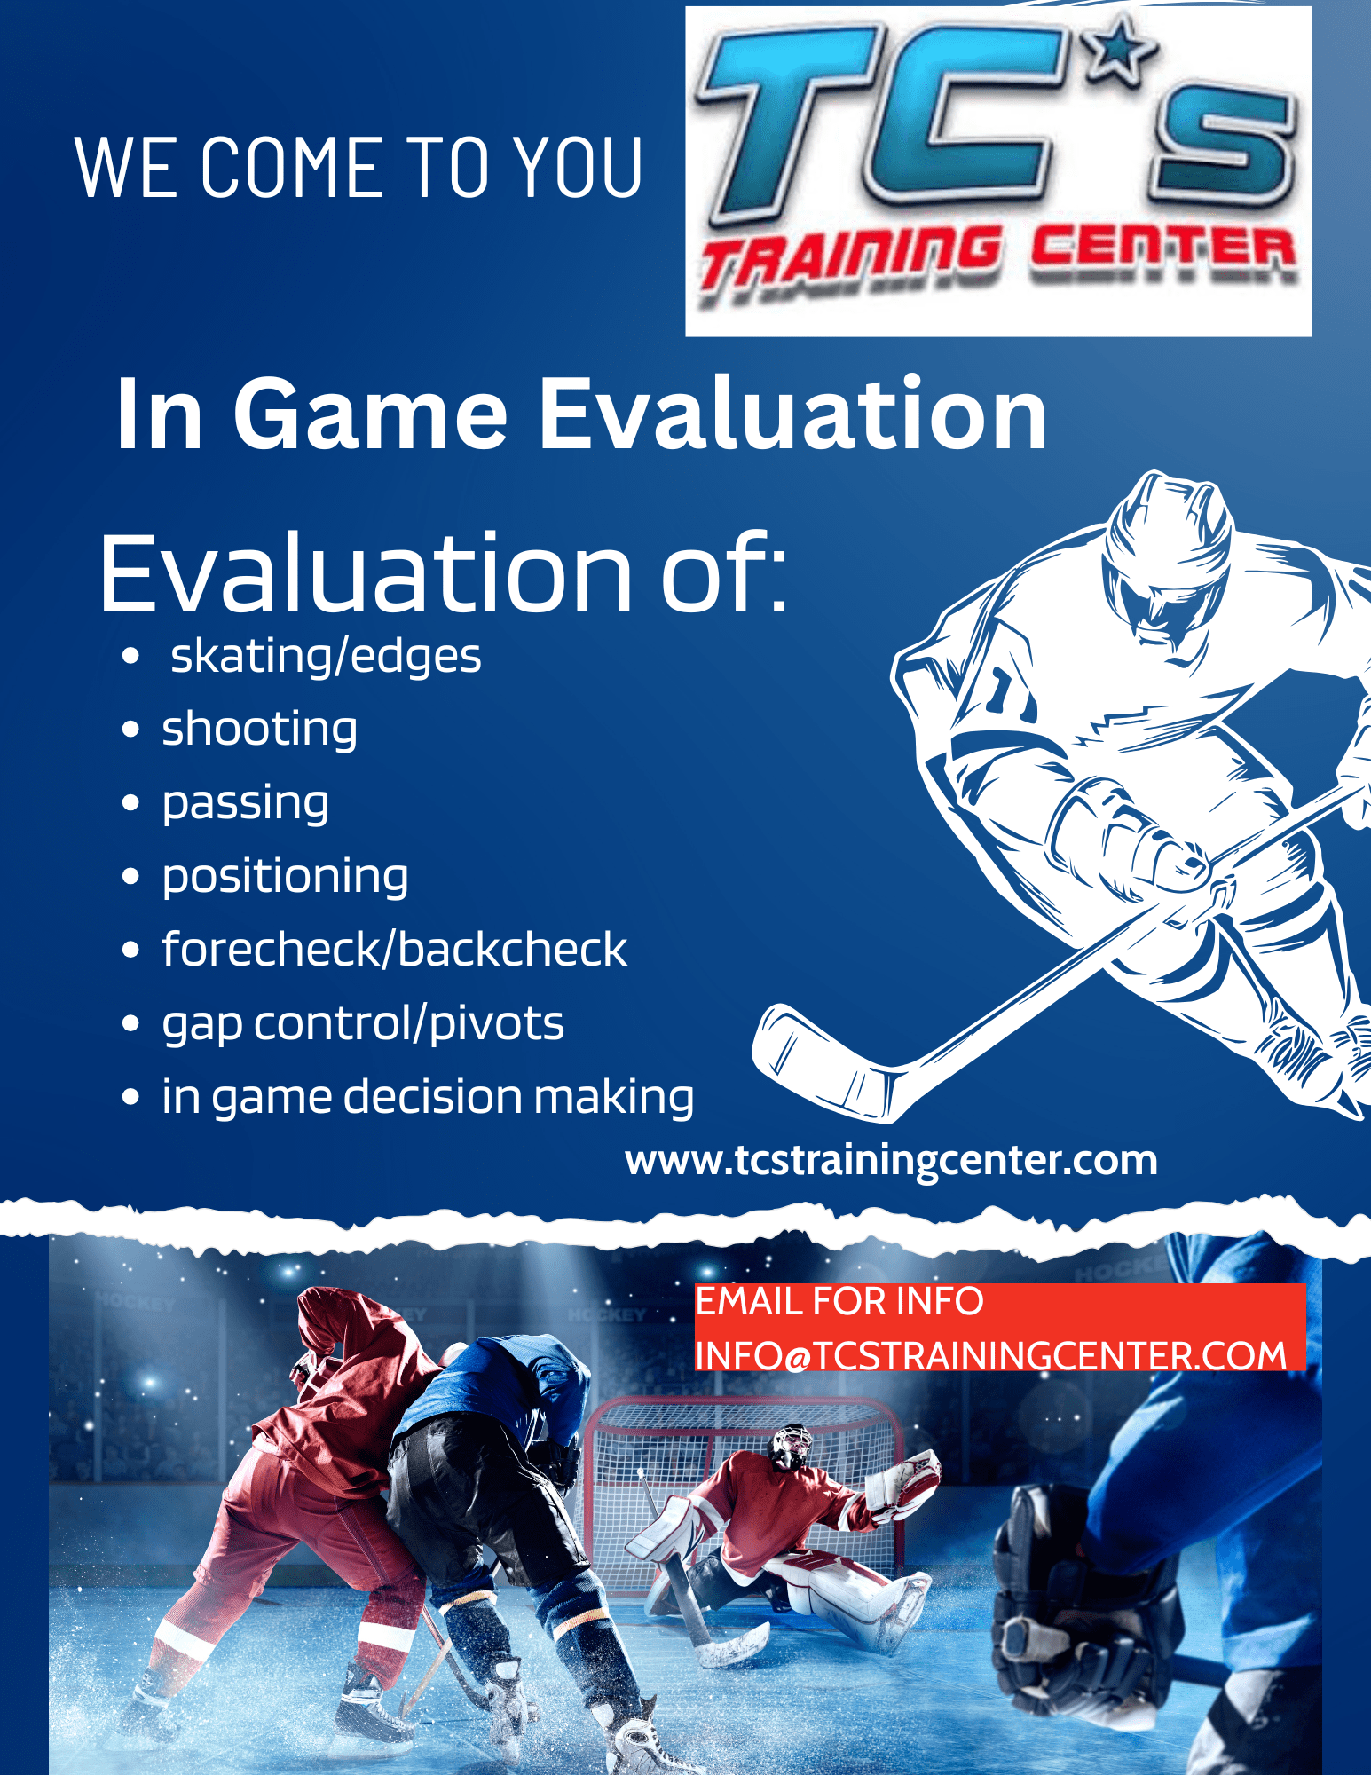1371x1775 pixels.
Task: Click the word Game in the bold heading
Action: pos(370,414)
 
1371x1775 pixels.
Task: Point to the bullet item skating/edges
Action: pos(326,658)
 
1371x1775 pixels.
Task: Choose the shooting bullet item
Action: pos(259,730)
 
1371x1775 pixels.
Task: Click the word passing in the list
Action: pos(245,804)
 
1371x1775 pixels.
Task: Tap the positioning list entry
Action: pos(285,877)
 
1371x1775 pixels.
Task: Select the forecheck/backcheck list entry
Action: pos(394,950)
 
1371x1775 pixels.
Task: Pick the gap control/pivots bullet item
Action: pos(363,1024)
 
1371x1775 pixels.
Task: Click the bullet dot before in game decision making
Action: pos(130,1098)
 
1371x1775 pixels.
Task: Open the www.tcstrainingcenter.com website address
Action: pos(891,1162)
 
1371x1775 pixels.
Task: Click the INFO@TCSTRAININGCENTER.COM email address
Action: pos(990,1356)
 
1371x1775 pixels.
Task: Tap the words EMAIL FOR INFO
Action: pos(839,1302)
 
